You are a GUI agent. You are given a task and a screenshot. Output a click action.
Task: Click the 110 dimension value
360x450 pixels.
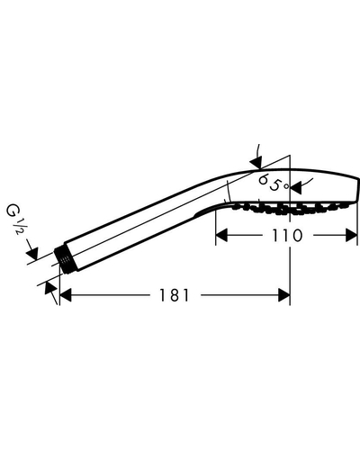click(287, 236)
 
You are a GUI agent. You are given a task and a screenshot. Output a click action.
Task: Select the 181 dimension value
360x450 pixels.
click(174, 295)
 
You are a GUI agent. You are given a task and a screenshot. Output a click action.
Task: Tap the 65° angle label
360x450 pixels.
click(274, 183)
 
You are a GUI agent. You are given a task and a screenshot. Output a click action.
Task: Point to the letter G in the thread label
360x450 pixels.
click(12, 211)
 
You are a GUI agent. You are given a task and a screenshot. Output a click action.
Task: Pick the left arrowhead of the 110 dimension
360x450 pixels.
click(221, 235)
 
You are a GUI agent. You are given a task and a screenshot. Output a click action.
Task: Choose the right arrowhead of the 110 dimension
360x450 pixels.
click(351, 235)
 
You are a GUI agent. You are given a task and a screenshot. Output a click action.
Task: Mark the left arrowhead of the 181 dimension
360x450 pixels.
click(66, 295)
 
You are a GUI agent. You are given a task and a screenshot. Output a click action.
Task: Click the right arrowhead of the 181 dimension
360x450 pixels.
click(284, 295)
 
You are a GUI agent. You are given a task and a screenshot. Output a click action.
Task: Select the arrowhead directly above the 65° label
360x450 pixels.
click(256, 163)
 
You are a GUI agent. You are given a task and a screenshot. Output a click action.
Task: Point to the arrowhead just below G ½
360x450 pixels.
click(32, 254)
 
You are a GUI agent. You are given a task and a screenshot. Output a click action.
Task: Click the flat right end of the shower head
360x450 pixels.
click(358, 190)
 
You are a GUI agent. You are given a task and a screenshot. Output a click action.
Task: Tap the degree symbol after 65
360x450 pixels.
click(287, 186)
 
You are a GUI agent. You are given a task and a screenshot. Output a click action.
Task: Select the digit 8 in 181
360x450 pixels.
click(174, 295)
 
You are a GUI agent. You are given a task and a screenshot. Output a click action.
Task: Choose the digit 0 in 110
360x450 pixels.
click(296, 236)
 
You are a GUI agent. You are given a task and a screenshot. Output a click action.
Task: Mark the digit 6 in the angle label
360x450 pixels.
click(264, 180)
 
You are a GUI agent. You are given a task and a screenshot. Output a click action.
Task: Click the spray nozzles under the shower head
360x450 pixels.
click(289, 208)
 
